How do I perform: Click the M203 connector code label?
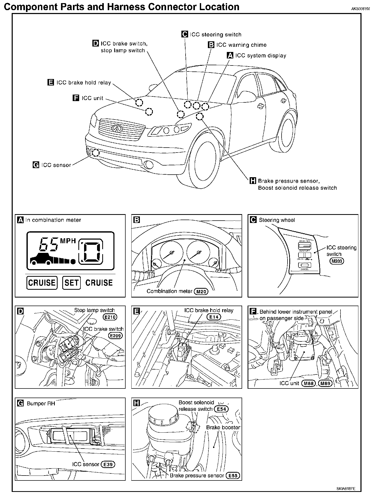tap(337, 261)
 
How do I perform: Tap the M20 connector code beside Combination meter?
tap(201, 292)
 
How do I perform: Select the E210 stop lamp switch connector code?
tap(110, 317)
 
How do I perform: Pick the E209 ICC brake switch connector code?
tap(115, 336)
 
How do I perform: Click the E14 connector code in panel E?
tap(214, 317)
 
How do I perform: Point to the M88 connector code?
tap(308, 383)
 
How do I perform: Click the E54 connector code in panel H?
tap(221, 409)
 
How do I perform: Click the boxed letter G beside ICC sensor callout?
tap(36, 165)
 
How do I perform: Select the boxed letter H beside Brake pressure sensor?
tap(253, 181)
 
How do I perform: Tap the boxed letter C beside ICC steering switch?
tap(185, 34)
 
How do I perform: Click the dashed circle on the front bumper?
tap(96, 153)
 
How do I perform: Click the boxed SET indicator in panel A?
tap(71, 283)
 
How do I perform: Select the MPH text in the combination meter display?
tap(68, 241)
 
